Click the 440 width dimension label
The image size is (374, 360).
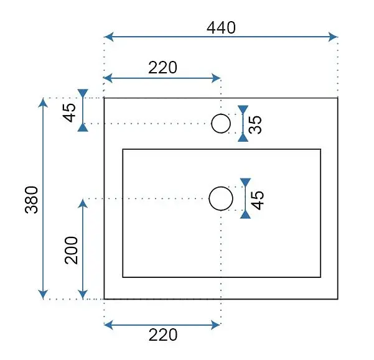(x=221, y=28)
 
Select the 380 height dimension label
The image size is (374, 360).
(x=32, y=200)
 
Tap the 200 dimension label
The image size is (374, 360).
(x=72, y=250)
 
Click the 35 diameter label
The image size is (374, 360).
(x=255, y=124)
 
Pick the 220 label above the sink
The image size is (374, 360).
(x=162, y=68)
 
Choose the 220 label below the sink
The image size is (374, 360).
(x=163, y=335)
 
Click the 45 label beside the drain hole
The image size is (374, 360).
(x=258, y=200)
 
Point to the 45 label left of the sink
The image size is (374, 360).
(x=69, y=113)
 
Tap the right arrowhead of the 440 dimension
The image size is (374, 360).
(x=333, y=37)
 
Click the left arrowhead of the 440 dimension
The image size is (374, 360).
(x=109, y=37)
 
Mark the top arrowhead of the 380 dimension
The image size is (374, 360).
(x=43, y=103)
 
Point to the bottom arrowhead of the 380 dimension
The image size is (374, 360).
(x=43, y=294)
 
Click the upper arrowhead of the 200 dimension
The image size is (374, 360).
(x=83, y=204)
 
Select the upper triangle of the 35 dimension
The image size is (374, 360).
(x=243, y=109)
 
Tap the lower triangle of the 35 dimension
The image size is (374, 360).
(x=243, y=137)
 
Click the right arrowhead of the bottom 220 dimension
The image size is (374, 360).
(x=215, y=325)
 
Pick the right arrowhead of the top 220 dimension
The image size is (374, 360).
(x=216, y=78)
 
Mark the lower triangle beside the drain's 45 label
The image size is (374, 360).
(x=245, y=215)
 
